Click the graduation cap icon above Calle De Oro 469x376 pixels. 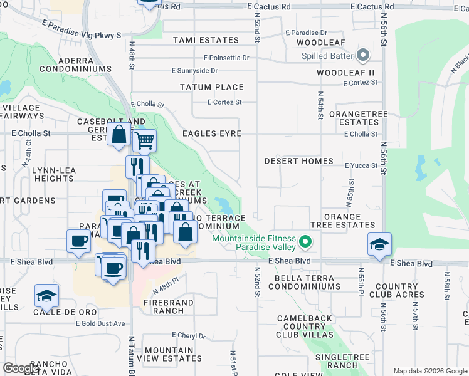click(46, 296)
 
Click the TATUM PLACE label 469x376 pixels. click(211, 87)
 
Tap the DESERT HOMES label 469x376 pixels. click(298, 161)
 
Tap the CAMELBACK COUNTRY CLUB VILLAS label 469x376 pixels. click(305, 326)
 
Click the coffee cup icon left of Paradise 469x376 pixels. click(79, 241)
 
